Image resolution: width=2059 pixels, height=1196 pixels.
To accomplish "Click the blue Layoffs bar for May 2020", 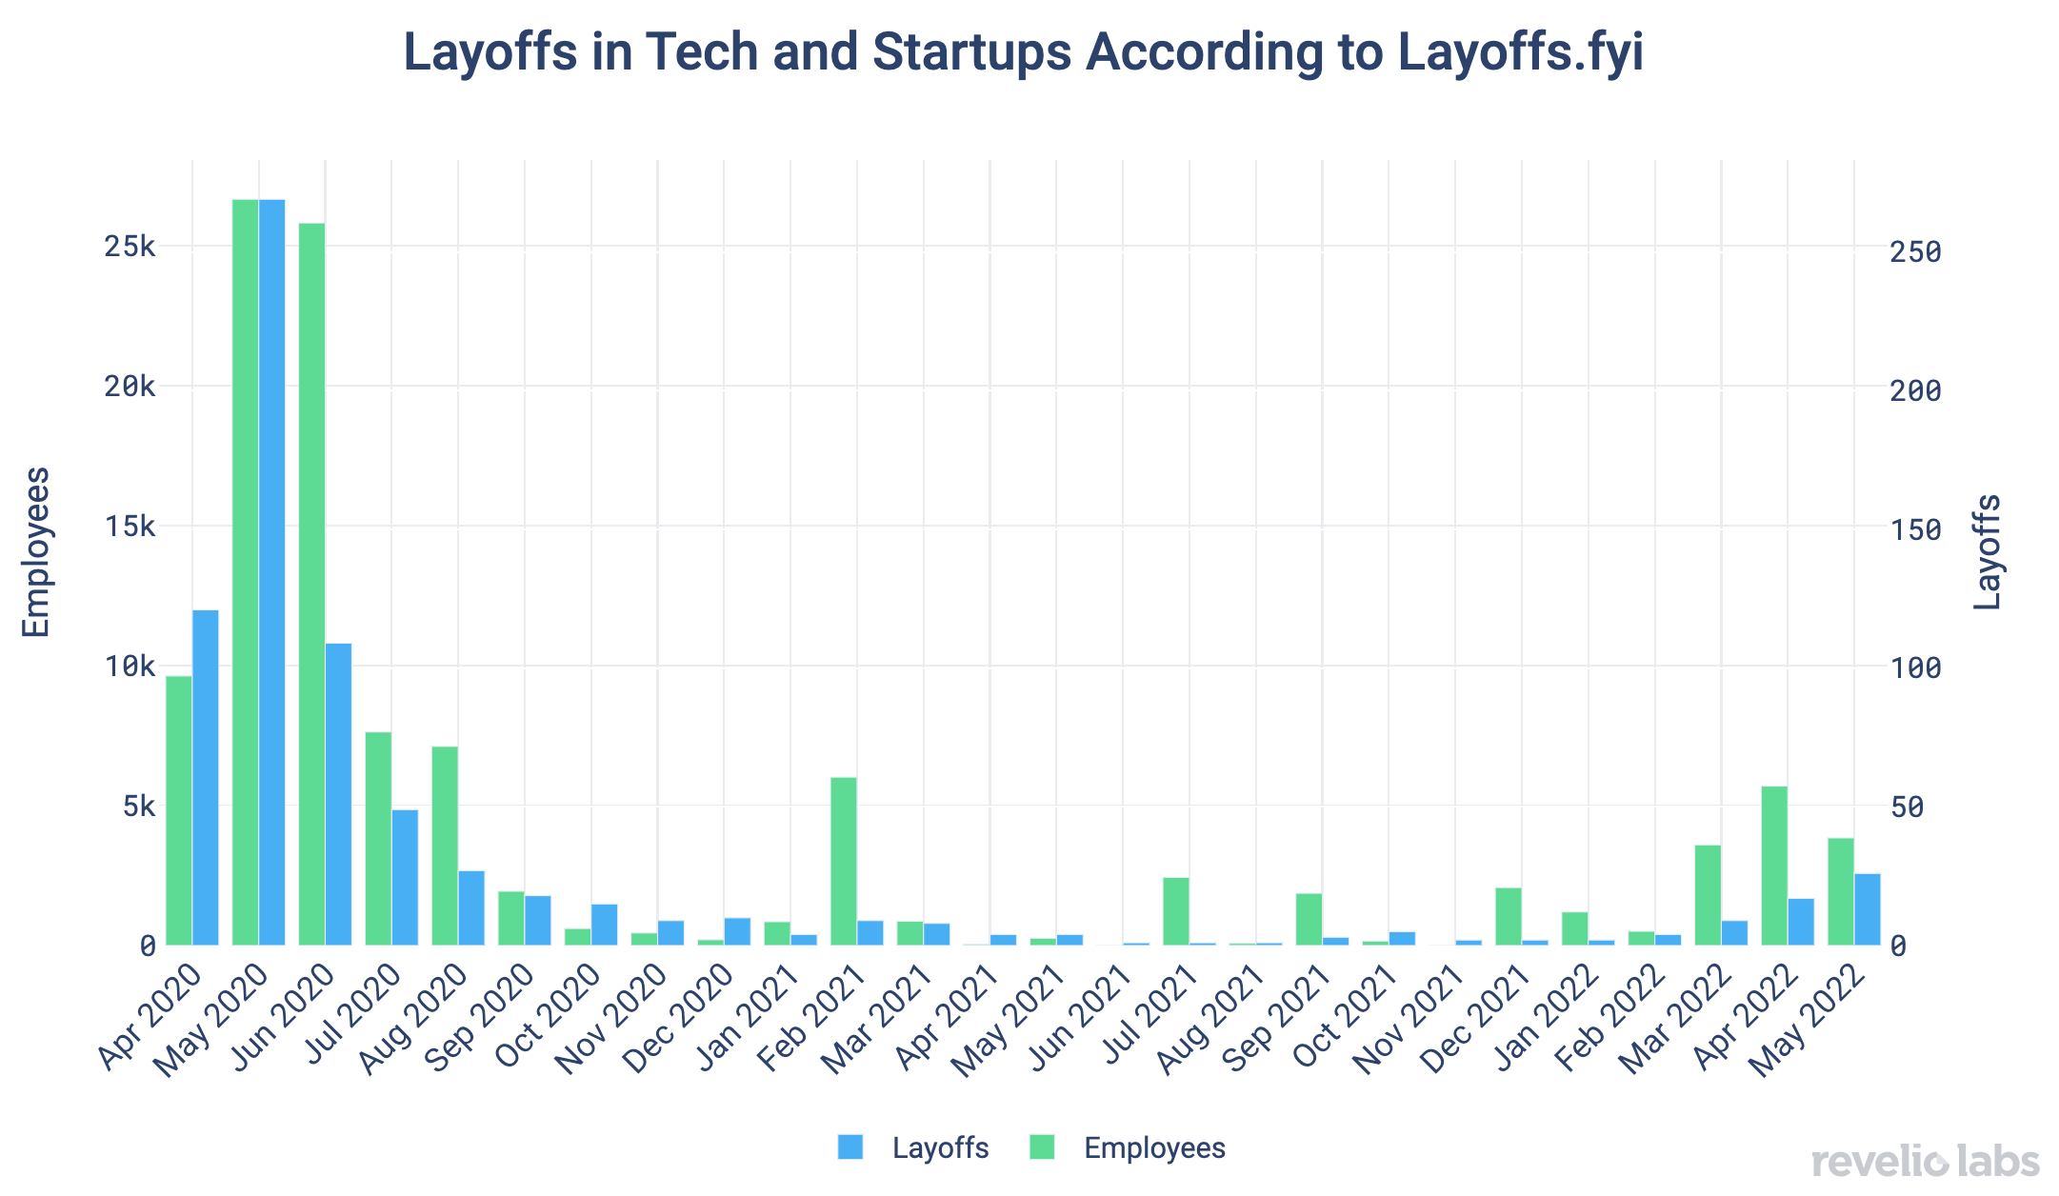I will tap(271, 571).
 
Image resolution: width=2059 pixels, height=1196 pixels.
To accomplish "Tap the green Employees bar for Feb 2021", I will tap(844, 861).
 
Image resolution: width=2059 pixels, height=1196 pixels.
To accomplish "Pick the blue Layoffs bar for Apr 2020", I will tap(206, 777).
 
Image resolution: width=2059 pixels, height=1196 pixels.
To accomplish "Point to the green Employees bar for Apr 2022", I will tap(1774, 866).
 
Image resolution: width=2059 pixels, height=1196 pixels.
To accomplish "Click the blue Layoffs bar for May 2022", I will tap(1868, 909).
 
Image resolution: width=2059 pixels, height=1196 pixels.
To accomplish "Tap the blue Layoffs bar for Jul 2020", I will tap(405, 877).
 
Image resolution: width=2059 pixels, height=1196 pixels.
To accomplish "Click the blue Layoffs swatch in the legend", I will tap(850, 1147).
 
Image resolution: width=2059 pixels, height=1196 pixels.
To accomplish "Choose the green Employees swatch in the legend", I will tap(1042, 1147).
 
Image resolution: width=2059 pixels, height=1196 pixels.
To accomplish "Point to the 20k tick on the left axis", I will tap(130, 387).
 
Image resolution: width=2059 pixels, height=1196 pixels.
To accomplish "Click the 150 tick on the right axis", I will tap(1915, 530).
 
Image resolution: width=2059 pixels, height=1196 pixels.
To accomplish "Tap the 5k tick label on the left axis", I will tap(137, 807).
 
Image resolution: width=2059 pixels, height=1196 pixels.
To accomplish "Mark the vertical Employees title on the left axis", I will tap(36, 552).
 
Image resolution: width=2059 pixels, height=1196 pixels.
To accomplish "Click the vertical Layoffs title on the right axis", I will tap(1987, 552).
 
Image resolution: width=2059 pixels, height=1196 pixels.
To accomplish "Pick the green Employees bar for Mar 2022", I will tap(1708, 895).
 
